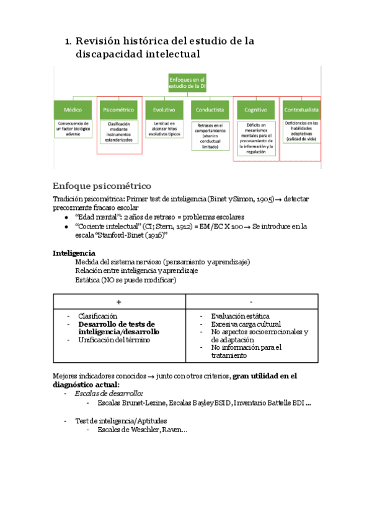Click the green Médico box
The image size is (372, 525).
click(73, 109)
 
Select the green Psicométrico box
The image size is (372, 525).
click(118, 109)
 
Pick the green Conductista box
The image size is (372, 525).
click(210, 109)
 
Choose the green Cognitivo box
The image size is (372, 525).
click(255, 109)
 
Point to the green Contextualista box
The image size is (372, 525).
click(301, 109)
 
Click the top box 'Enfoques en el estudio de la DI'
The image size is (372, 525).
click(187, 83)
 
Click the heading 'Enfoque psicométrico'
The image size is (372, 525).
click(102, 186)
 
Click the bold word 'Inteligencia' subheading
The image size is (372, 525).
click(74, 253)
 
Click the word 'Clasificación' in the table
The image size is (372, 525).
click(97, 316)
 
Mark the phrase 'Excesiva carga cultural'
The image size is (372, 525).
click(246, 324)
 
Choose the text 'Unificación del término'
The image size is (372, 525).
click(113, 340)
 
